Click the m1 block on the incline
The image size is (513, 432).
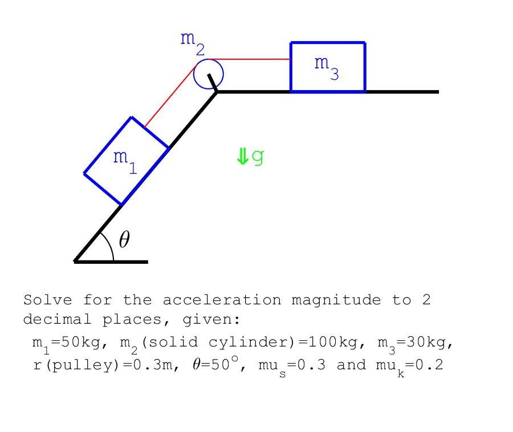pos(127,161)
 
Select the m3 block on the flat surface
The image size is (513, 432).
pos(328,67)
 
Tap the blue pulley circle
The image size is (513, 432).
pos(208,74)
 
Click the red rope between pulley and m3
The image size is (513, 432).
pos(251,59)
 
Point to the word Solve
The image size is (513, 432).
pos(47,300)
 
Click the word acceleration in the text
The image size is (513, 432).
pos(222,300)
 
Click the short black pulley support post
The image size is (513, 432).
pos(213,82)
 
